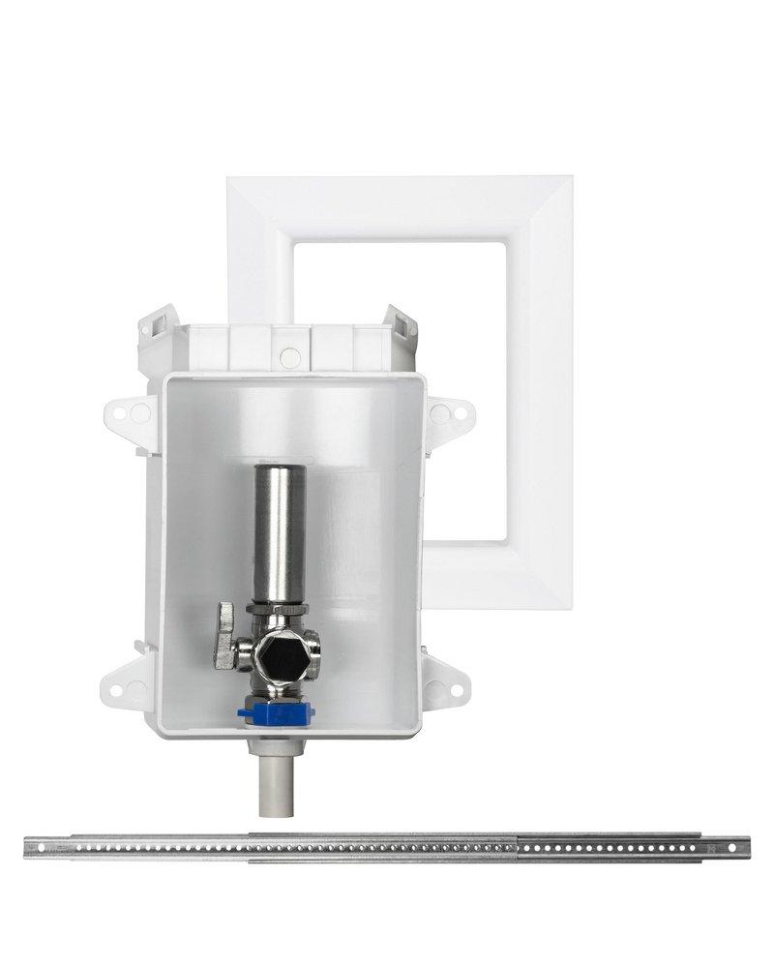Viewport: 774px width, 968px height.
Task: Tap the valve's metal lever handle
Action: (x=226, y=638)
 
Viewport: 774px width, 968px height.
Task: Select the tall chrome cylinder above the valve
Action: (x=281, y=533)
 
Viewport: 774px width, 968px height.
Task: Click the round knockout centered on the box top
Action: (x=289, y=357)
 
